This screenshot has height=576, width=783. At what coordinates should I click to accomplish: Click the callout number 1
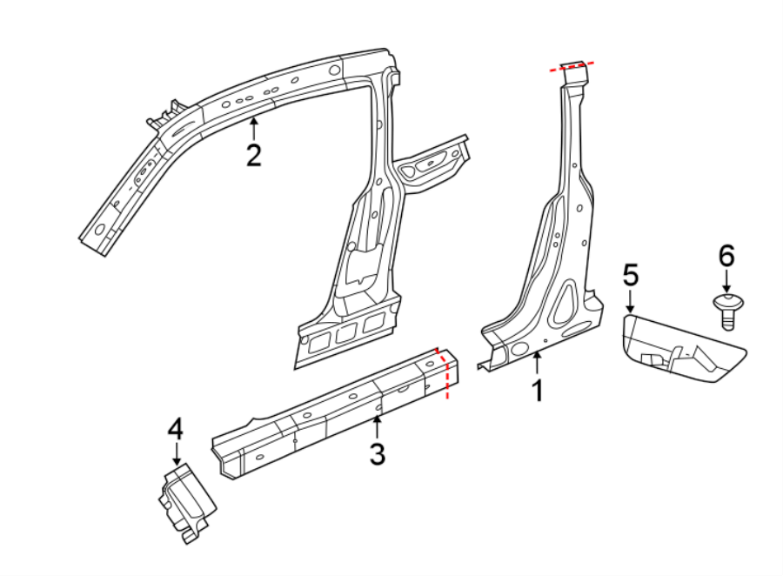538,391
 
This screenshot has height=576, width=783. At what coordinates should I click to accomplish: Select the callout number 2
253,155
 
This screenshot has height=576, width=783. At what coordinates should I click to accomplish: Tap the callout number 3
377,453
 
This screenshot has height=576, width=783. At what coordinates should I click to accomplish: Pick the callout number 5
631,275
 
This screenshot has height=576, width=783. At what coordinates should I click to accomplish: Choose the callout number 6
726,256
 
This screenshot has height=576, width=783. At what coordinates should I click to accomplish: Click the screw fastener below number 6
727,311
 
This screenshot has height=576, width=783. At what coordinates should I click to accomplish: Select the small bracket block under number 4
185,503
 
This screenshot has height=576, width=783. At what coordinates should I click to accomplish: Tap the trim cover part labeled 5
683,348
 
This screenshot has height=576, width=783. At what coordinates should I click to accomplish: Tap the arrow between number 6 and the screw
726,283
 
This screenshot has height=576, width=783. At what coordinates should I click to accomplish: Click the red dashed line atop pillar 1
572,64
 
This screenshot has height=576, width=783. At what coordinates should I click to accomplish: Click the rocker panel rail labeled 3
331,413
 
